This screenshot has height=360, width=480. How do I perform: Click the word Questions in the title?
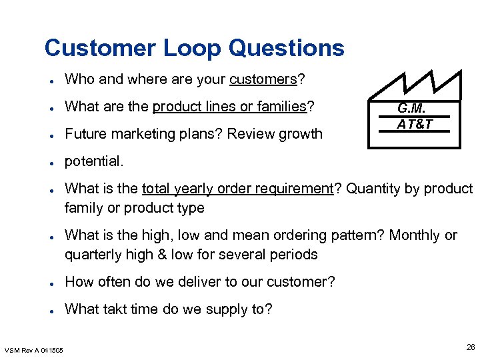(x=286, y=48)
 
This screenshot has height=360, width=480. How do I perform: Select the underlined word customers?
(x=263, y=80)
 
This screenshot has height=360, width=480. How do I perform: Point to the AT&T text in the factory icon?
(x=414, y=123)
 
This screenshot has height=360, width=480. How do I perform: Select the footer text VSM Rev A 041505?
(x=33, y=350)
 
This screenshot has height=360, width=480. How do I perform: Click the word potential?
(x=94, y=161)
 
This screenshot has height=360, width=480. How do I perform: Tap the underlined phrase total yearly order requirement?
(x=237, y=189)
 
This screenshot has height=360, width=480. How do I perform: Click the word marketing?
(x=139, y=133)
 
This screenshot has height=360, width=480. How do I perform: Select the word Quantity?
(x=371, y=189)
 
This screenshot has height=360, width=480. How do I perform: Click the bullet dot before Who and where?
(x=51, y=81)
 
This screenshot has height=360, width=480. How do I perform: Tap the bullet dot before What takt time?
(x=51, y=309)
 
